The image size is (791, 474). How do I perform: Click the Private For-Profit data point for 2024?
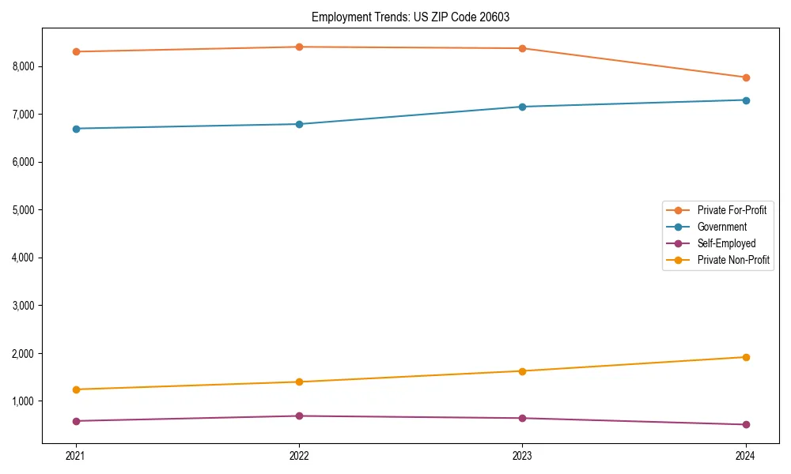[x=746, y=77]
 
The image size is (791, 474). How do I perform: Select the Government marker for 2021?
[x=76, y=129]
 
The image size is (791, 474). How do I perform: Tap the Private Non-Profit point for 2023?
[x=522, y=371]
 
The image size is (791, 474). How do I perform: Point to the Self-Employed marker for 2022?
[x=299, y=416]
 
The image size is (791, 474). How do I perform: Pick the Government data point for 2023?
[x=522, y=107]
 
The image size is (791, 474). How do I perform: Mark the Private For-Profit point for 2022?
[x=299, y=47]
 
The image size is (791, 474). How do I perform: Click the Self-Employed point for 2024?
[x=746, y=425]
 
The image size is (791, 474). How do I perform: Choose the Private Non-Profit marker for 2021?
[x=76, y=389]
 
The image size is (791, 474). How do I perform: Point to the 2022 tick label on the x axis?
[x=299, y=455]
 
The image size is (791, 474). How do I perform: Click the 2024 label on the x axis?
[x=746, y=455]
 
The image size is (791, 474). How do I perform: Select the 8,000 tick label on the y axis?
[x=23, y=66]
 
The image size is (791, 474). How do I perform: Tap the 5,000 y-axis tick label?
[x=23, y=210]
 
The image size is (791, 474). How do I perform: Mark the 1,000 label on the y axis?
[x=23, y=401]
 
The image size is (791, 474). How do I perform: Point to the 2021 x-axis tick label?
[x=76, y=455]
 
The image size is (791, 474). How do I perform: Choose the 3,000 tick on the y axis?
[x=23, y=306]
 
